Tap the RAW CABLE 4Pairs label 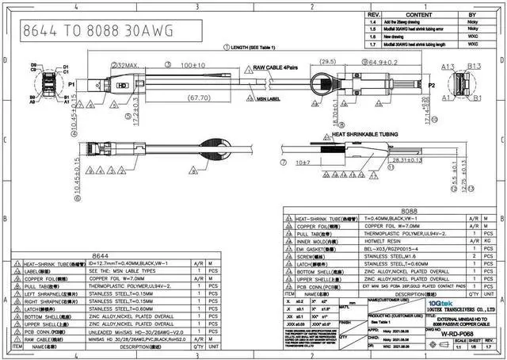pos(280,69)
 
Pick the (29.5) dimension pos(327,63)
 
